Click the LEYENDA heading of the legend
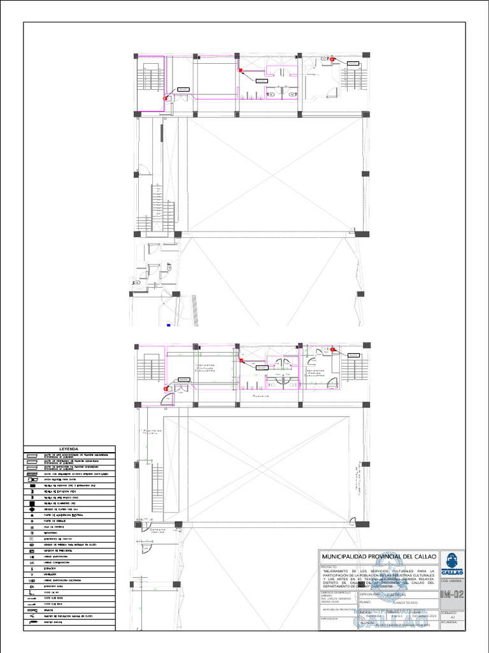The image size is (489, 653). [69, 448]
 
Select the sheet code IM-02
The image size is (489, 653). [452, 595]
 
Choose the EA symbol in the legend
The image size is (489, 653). [31, 585]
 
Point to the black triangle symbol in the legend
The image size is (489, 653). [31, 514]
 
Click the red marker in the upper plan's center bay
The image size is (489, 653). [241, 70]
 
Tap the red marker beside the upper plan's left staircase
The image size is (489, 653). [166, 98]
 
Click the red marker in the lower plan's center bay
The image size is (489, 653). [241, 361]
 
